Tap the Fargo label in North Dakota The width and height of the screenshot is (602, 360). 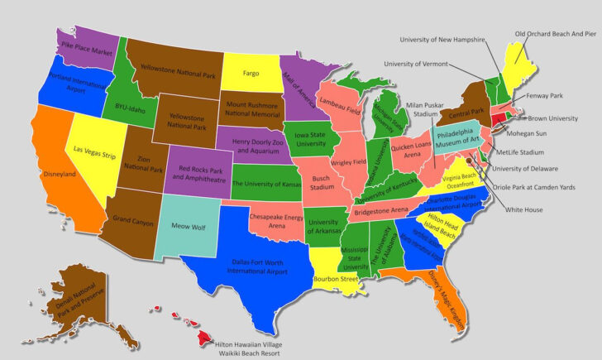pos(251,74)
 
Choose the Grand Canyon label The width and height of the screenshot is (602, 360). pos(132,220)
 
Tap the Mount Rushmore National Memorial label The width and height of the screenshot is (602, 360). pos(251,112)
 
